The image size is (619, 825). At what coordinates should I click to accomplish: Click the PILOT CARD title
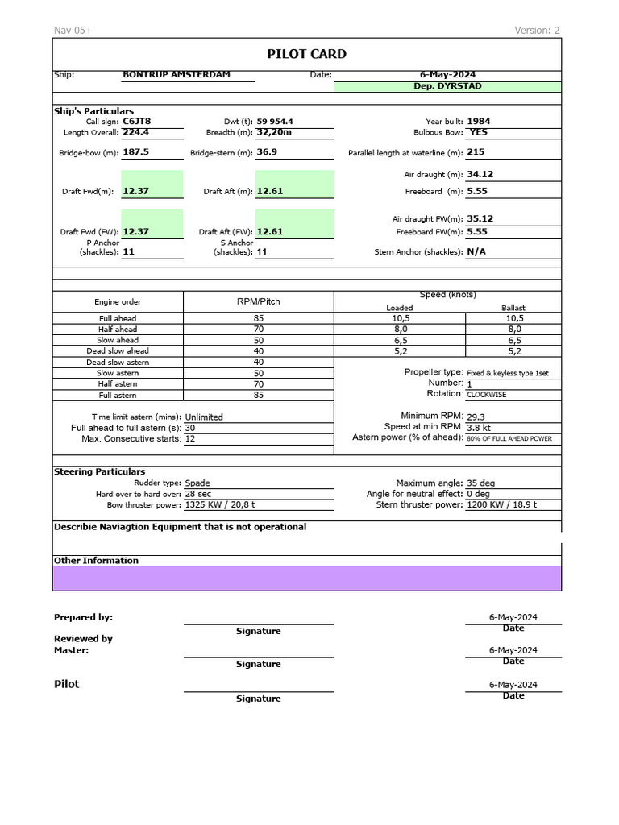tap(307, 54)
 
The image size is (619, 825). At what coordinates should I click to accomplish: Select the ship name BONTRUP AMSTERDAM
tap(176, 75)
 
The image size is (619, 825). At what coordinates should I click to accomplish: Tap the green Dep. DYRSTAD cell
tap(447, 86)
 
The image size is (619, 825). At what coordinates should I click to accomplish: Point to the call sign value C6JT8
tap(136, 121)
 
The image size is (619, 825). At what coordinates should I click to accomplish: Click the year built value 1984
tap(478, 121)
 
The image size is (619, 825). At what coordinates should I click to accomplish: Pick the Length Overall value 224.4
tap(135, 132)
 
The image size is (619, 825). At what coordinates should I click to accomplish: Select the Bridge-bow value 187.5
tap(135, 151)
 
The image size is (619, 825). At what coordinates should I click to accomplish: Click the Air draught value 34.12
tap(480, 174)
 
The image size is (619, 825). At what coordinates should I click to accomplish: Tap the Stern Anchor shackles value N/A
tap(476, 251)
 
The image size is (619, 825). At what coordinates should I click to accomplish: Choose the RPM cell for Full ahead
tap(258, 318)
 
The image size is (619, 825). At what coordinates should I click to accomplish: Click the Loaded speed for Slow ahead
tap(400, 340)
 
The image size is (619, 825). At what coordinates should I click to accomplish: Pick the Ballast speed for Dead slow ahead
tap(513, 351)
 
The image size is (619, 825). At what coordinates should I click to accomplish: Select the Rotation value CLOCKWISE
tap(487, 395)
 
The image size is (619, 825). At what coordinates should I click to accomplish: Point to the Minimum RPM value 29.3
tap(476, 417)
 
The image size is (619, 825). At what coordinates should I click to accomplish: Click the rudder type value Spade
tap(197, 483)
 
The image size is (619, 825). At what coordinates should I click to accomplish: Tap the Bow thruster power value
tap(220, 505)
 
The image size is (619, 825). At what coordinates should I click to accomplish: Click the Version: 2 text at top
tap(537, 31)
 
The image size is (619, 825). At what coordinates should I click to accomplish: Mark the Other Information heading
tap(96, 561)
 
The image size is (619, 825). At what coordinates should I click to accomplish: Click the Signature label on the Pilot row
tap(258, 699)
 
